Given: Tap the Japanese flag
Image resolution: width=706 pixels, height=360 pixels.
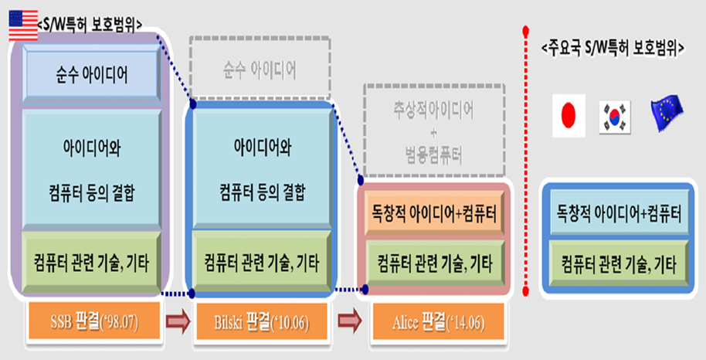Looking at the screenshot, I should [x=569, y=115].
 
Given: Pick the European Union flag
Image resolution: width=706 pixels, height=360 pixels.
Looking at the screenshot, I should [x=666, y=114].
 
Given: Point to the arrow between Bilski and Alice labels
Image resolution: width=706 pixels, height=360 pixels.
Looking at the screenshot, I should [x=347, y=320].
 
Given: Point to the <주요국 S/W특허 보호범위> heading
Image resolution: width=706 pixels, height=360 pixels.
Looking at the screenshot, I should [x=615, y=49].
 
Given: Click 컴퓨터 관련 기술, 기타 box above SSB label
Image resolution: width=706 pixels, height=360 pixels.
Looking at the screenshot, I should [x=92, y=260].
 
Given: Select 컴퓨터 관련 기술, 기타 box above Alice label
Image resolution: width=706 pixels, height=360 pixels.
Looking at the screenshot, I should [x=434, y=260].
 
